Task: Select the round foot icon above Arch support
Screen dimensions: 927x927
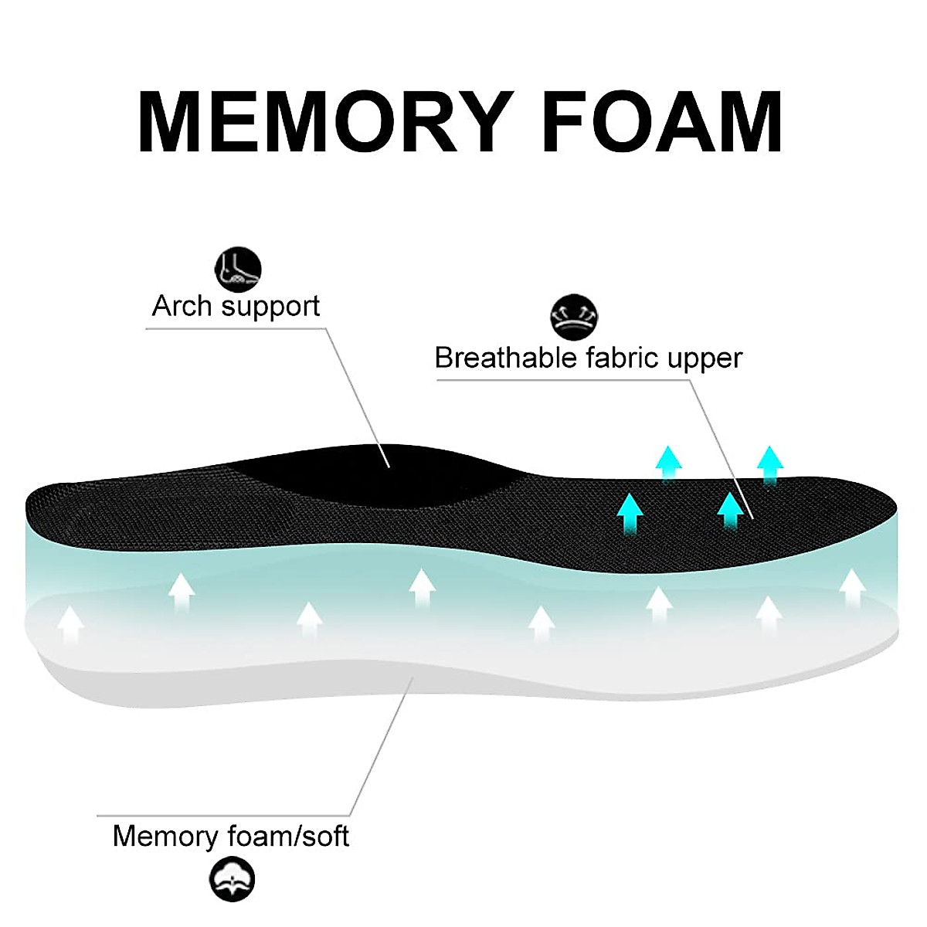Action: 237,269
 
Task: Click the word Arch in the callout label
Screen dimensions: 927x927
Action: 181,306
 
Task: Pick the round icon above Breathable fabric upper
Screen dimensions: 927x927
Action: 575,316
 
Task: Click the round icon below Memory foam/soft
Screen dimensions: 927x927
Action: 232,879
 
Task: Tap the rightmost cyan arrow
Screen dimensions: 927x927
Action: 769,464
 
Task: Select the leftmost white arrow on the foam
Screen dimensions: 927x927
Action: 71,624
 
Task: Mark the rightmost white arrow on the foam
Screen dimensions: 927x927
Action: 852,589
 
